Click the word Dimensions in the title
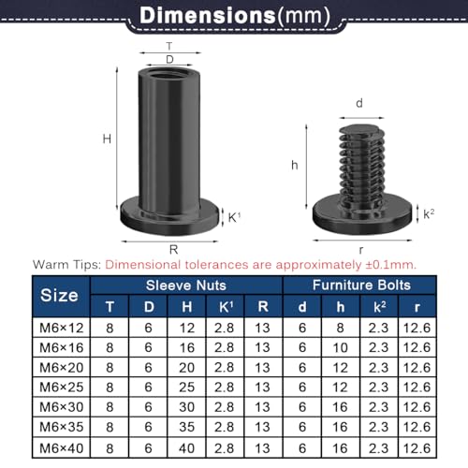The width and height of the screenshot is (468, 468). pos(206,16)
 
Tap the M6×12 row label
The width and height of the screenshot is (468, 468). pos(60,329)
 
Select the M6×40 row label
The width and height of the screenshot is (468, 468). pos(60,450)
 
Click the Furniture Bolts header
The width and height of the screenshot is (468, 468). pos(358,285)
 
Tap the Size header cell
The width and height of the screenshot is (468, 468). pos(60,295)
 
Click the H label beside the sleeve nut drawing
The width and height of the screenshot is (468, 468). pos(109,139)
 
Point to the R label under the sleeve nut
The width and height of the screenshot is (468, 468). pos(174,248)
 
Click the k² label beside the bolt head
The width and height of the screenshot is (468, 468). pos(428,214)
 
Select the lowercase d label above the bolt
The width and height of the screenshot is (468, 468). pos(359,104)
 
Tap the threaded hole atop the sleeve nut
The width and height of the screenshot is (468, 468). pos(168,74)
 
